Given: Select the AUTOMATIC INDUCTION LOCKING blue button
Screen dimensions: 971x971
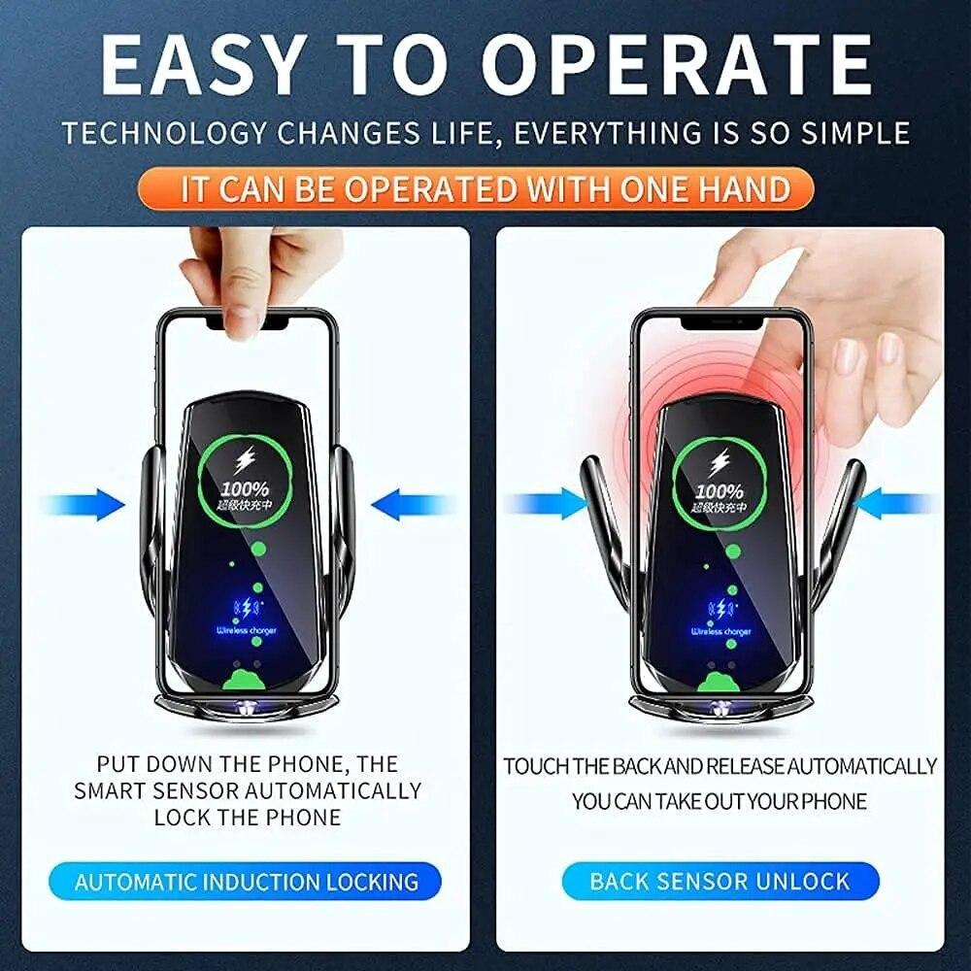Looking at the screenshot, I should point(246,882).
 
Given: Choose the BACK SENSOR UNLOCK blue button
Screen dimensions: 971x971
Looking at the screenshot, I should point(720,882).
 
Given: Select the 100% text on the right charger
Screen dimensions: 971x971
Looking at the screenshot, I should point(720,492).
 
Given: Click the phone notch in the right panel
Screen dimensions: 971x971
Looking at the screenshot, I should point(720,321).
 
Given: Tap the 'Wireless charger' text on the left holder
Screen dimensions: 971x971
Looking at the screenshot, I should point(246,631).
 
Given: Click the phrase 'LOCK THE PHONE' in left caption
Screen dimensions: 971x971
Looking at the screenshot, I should point(248,817).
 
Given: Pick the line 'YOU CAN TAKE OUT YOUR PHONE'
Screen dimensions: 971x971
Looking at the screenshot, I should point(720,802).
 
